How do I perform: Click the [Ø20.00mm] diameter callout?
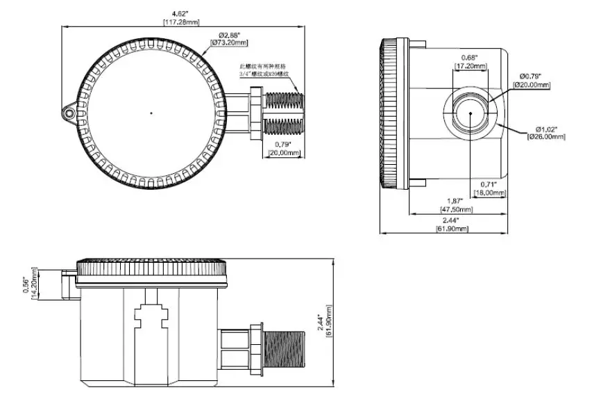(531, 84)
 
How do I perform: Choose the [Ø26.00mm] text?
(546, 137)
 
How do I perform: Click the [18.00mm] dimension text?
(489, 193)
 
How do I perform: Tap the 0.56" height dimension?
(26, 284)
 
